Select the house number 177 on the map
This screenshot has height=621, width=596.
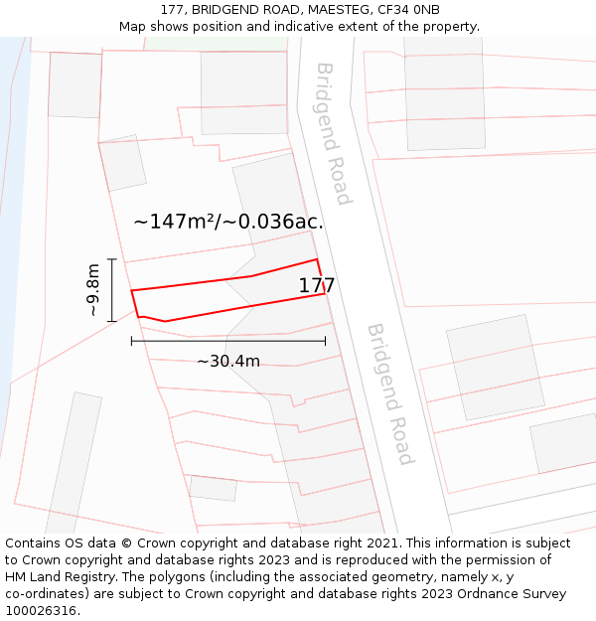317,286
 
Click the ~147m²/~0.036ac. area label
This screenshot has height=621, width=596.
228,222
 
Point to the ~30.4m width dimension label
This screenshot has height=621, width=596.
228,361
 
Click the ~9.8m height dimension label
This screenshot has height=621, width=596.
93,290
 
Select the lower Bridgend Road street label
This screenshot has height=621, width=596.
389,393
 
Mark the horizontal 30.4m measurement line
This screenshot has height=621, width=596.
228,341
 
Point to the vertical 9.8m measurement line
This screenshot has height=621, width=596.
112,290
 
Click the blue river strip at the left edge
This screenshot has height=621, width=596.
14,199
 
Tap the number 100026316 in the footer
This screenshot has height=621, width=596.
40,611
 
